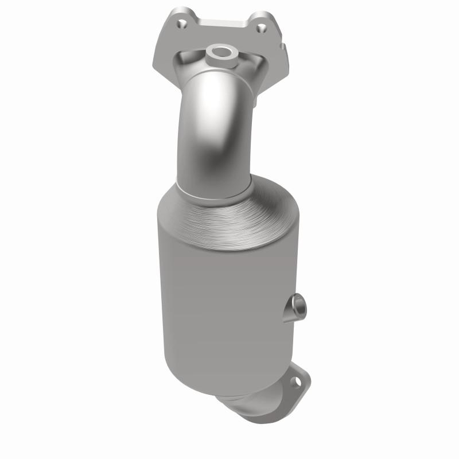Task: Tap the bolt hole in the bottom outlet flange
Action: [x=297, y=380]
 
